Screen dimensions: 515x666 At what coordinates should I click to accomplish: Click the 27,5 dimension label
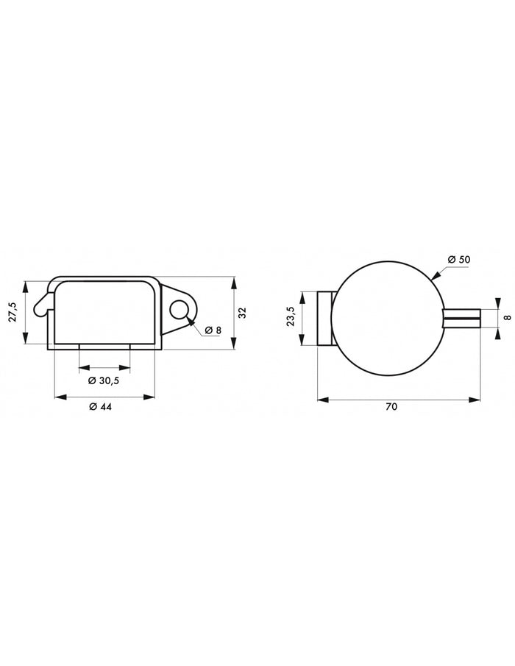13,312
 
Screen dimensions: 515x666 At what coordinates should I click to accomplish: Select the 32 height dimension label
243,313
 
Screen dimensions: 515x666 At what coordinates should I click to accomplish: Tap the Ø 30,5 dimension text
104,380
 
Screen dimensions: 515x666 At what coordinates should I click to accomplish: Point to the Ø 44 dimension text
100,406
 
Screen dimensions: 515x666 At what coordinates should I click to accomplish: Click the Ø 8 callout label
213,330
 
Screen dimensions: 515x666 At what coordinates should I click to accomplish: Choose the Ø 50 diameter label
459,259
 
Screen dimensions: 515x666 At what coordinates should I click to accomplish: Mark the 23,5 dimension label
291,316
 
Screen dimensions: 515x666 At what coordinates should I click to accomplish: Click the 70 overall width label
391,406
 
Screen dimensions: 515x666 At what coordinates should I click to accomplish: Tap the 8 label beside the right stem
508,317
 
